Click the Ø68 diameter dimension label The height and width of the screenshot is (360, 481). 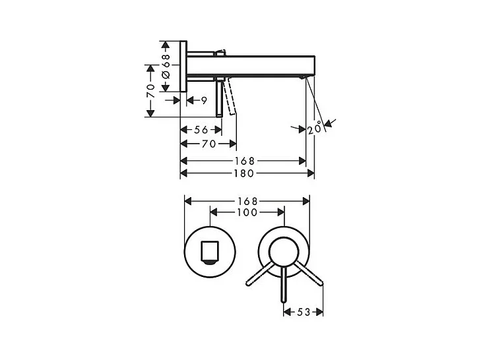(166, 66)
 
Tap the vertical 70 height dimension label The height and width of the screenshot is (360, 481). (150, 91)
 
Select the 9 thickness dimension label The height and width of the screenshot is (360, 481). (205, 100)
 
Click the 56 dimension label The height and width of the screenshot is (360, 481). (201, 130)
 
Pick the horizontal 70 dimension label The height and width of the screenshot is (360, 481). (209, 144)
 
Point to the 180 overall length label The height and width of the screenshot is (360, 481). (244, 173)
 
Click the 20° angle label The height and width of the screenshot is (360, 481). (315, 128)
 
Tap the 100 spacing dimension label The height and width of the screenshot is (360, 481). (247, 212)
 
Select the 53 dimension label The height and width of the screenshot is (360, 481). (304, 312)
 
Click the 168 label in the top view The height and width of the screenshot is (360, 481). (245, 161)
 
